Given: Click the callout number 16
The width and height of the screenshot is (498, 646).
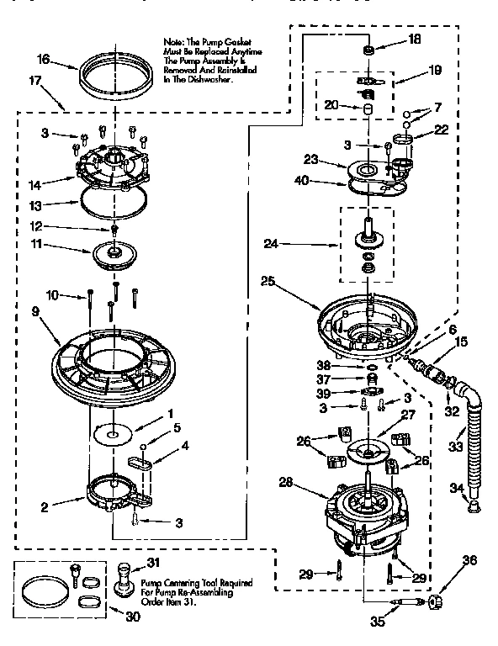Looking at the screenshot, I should (44, 59).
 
